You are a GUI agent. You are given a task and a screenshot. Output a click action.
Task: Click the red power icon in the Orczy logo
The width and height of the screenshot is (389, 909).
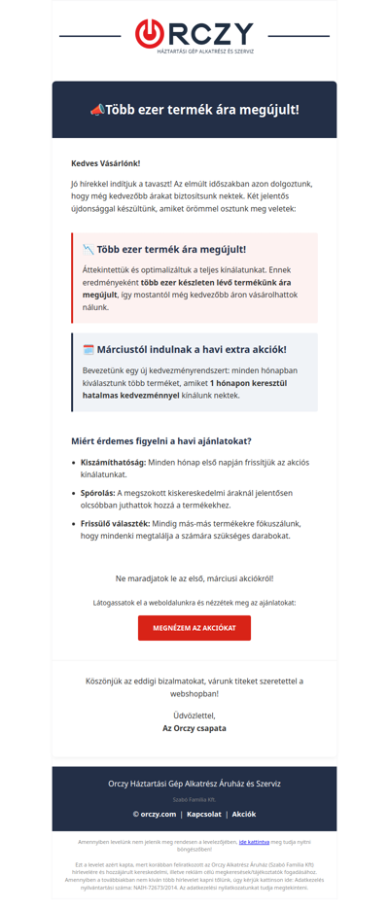(x=148, y=33)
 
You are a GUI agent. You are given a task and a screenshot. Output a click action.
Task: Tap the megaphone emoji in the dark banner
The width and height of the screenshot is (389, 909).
(x=96, y=110)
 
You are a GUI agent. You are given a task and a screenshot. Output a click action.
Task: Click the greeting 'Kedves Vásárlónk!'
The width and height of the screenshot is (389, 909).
(x=105, y=163)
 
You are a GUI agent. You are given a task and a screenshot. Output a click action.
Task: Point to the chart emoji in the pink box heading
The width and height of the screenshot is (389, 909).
(x=88, y=249)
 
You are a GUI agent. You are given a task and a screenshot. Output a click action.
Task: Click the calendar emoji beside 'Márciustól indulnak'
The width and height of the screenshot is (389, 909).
(x=88, y=349)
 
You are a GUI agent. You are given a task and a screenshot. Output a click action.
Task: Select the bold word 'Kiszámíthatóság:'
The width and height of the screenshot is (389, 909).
(x=114, y=462)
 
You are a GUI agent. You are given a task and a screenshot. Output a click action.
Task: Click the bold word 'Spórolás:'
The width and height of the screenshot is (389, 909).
(x=100, y=493)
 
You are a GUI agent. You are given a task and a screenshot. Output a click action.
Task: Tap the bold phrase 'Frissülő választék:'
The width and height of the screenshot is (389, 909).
(x=118, y=523)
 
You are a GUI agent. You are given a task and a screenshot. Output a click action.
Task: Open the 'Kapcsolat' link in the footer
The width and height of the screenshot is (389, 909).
(x=205, y=814)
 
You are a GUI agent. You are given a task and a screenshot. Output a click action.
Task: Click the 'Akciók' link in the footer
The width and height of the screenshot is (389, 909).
(x=243, y=814)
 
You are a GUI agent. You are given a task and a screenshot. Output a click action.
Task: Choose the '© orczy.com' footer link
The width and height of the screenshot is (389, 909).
(x=155, y=814)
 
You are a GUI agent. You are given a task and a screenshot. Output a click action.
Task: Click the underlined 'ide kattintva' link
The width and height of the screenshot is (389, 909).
(x=254, y=842)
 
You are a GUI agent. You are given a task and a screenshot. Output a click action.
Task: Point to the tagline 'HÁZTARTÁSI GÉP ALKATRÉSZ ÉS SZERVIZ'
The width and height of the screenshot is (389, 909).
(x=205, y=52)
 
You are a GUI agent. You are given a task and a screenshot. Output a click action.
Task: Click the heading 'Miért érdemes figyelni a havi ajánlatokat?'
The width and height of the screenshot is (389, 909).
(x=161, y=440)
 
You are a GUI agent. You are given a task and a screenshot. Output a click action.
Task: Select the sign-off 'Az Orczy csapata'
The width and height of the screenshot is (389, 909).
(x=194, y=727)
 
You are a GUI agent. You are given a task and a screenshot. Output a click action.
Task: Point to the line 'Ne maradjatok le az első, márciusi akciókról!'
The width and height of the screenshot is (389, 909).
(x=194, y=578)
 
